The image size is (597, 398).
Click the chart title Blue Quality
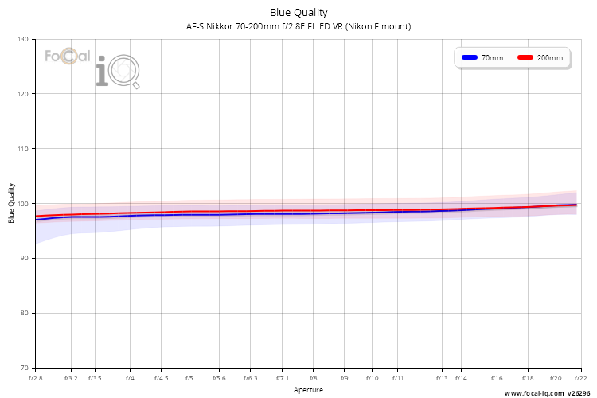[x=298, y=13]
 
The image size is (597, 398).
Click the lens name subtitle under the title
[x=298, y=26]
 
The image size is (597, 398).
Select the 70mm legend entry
[x=482, y=58]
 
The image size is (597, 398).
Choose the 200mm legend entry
[x=540, y=58]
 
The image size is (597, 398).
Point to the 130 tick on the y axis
[x=23, y=39]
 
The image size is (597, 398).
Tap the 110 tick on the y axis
[x=23, y=149]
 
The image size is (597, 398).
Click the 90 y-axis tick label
[x=25, y=258]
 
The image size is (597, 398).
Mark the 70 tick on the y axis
[x=25, y=368]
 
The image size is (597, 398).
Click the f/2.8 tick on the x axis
[x=35, y=378]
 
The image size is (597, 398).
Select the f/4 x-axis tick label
[x=130, y=378]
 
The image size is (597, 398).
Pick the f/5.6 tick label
[x=219, y=378]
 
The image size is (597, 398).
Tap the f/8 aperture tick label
[x=313, y=378]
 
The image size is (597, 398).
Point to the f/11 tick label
[x=397, y=378]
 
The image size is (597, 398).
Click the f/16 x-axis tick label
[x=497, y=378]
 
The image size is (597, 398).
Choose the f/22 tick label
[x=580, y=378]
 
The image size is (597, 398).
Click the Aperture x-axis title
[x=308, y=390]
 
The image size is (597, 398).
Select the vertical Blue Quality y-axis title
[x=11, y=203]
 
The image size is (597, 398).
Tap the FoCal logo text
[x=68, y=57]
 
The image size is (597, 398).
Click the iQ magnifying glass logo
[x=118, y=72]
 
